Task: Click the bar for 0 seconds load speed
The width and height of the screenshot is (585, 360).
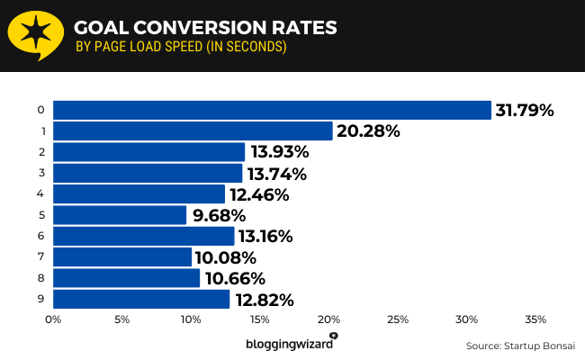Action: [272, 110]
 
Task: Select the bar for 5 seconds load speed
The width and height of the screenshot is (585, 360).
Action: [120, 215]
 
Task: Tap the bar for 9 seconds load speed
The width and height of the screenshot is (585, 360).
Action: [141, 300]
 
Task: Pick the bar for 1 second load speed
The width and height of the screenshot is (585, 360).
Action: [193, 131]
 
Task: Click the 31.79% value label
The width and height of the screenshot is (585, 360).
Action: [524, 111]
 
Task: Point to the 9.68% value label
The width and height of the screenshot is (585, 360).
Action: [220, 216]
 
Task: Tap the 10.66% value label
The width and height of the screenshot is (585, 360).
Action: [232, 279]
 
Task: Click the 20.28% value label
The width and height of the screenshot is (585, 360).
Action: [367, 131]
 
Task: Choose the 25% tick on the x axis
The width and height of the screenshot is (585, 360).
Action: [398, 319]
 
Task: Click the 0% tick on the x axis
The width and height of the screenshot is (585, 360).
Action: [53, 319]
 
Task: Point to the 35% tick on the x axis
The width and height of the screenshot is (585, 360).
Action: [535, 319]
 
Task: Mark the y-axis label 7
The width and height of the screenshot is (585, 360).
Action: [41, 257]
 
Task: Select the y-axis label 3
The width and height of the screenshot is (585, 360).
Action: [41, 173]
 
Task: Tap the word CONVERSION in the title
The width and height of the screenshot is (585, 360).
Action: [211, 28]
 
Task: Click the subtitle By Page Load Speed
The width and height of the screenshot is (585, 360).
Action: [181, 48]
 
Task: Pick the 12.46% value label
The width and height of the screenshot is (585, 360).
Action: [258, 194]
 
